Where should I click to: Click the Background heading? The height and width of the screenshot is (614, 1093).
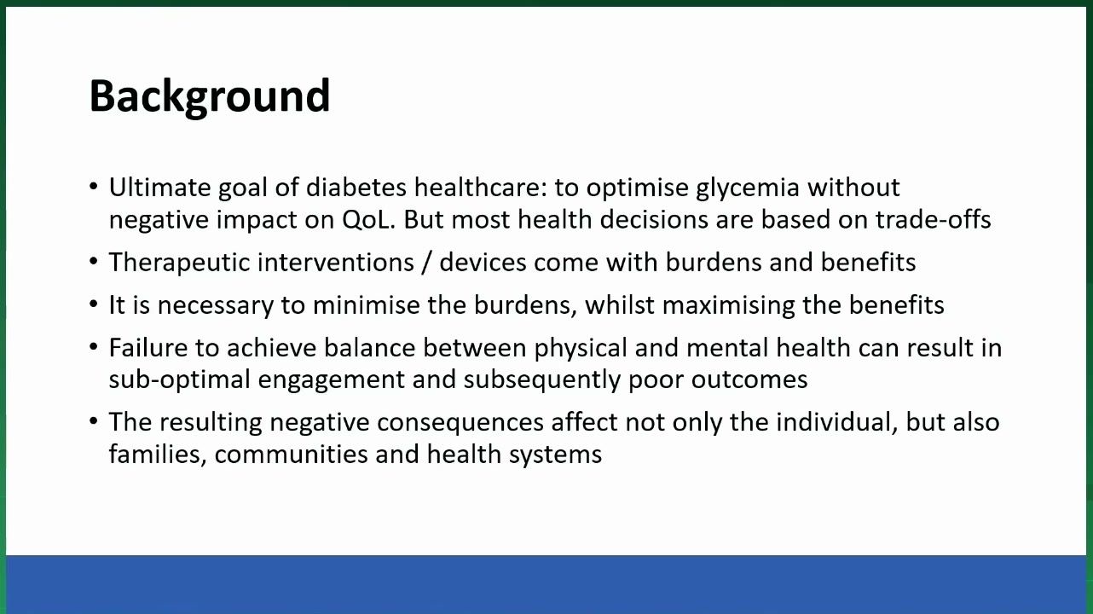click(x=210, y=97)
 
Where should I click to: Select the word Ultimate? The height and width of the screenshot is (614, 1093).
click(x=159, y=188)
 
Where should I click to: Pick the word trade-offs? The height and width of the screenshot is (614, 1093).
click(x=933, y=220)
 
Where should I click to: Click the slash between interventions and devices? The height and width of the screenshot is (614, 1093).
click(x=426, y=263)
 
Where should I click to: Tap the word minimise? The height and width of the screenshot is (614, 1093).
click(x=367, y=305)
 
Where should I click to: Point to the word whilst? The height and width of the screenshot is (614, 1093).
click(x=620, y=305)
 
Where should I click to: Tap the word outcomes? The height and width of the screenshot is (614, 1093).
click(x=749, y=380)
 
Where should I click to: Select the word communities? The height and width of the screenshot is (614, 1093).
click(x=292, y=455)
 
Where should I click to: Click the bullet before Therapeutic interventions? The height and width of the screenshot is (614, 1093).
click(x=94, y=262)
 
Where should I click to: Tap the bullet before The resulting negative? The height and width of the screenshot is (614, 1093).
click(x=94, y=421)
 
